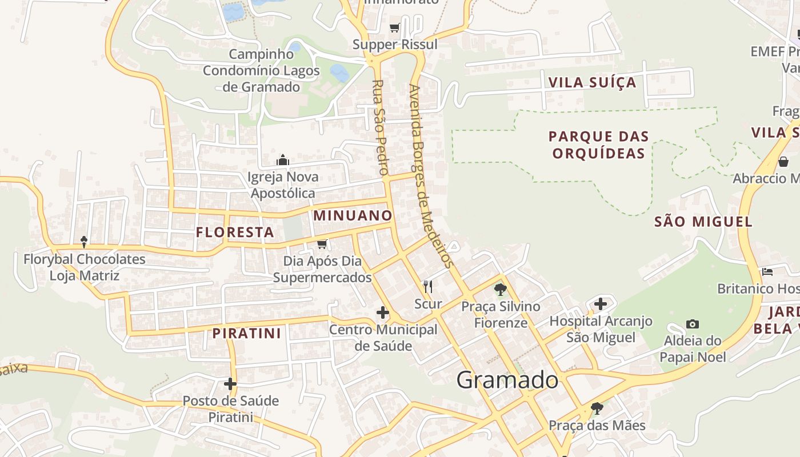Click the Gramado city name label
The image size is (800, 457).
pyautogui.click(x=507, y=380)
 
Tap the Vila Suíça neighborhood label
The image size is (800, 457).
pyautogui.click(x=592, y=82)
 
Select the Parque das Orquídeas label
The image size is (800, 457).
pyautogui.click(x=598, y=145)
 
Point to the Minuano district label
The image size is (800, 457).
pyautogui.click(x=353, y=216)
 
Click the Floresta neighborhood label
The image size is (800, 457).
pyautogui.click(x=235, y=232)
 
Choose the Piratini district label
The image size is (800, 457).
pyautogui.click(x=247, y=334)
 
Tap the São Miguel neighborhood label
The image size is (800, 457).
pyautogui.click(x=703, y=222)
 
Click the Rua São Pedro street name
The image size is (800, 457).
pyautogui.click(x=380, y=127)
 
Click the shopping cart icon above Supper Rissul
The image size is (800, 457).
pyautogui.click(x=394, y=27)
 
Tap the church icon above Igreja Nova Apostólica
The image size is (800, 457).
pyautogui.click(x=283, y=160)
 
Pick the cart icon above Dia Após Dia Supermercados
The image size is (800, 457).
pyautogui.click(x=322, y=244)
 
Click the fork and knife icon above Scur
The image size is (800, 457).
pyautogui.click(x=427, y=286)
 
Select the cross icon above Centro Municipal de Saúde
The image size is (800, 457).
pyautogui.click(x=383, y=312)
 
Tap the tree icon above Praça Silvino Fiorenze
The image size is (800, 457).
pyautogui.click(x=501, y=290)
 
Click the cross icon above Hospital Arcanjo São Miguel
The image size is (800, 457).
pyautogui.click(x=600, y=304)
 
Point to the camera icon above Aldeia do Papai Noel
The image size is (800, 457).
pyautogui.click(x=693, y=324)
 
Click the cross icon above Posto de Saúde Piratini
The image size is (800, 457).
pyautogui.click(x=230, y=384)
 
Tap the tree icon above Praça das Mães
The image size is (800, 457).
pyautogui.click(x=597, y=408)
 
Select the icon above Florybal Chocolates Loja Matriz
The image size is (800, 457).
pyautogui.click(x=84, y=242)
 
